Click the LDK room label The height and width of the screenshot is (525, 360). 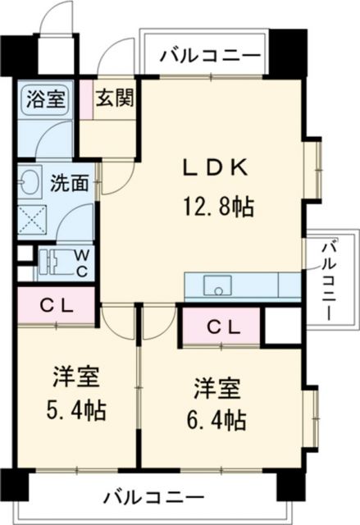tap(216, 168)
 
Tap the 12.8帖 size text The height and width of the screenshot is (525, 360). tap(218, 207)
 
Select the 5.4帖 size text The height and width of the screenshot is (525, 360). tap(76, 410)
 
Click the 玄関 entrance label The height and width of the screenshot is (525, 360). tap(116, 98)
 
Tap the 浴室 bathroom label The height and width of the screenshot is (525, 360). tap(45, 98)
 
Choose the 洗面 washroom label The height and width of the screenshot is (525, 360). tap(70, 183)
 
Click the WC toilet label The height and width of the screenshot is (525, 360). tap(82, 263)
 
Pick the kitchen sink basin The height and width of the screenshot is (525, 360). tap(218, 285)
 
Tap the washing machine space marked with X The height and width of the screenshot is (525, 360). tap(32, 220)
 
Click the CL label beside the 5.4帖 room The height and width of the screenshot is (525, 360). tap(57, 306)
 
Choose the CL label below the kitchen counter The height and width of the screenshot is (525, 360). tap(223, 328)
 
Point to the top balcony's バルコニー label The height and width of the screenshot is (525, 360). tap(210, 55)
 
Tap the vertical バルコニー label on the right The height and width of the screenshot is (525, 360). tap(329, 283)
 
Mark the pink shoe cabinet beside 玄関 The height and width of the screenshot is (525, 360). tap(86, 99)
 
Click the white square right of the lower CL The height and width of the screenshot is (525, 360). tap(282, 325)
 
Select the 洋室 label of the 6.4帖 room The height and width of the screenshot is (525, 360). tap(217, 389)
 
